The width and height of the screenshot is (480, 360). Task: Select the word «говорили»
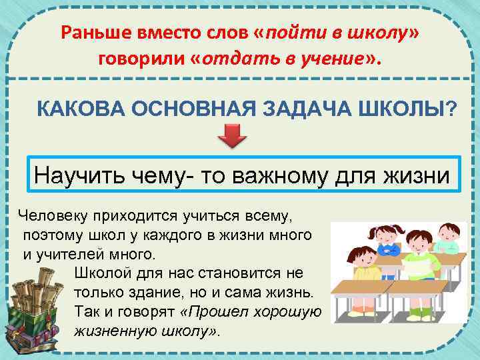(141, 60)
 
